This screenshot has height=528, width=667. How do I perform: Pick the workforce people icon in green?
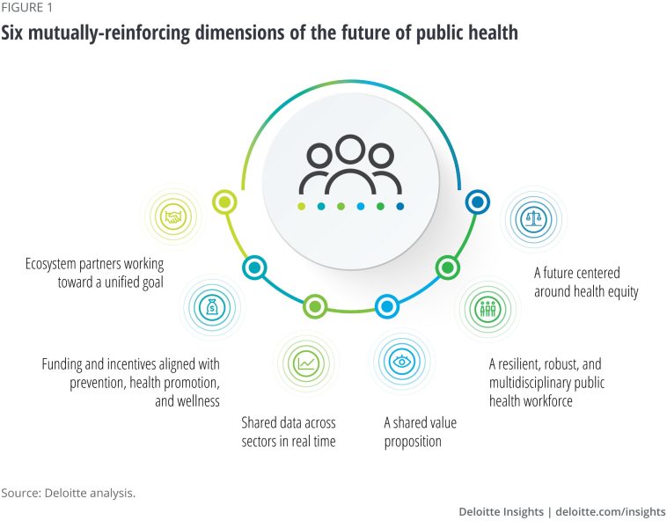point(487,309)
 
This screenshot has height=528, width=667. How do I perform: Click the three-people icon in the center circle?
point(350,166)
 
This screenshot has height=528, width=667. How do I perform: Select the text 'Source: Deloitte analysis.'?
point(68,493)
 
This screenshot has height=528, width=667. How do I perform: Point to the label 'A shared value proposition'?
point(421,432)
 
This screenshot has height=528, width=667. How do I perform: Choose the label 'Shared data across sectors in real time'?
point(289,432)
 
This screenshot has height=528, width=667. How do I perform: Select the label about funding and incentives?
point(131,383)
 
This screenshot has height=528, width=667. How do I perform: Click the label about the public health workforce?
point(546,381)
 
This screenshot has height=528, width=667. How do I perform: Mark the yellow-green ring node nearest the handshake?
point(225,202)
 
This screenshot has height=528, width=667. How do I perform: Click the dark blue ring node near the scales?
point(477,202)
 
